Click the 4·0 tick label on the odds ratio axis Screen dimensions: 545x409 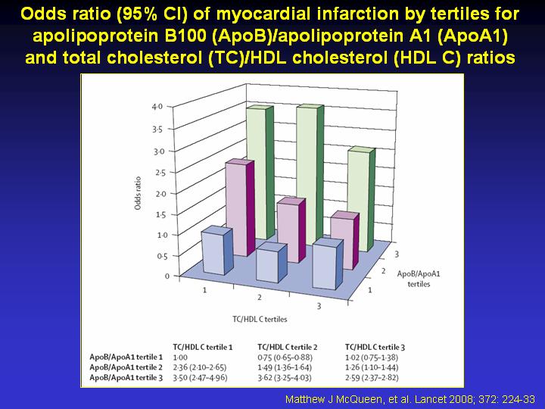157,107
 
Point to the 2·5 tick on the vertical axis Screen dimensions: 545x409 160,173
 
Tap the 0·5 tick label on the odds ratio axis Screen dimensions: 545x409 162,257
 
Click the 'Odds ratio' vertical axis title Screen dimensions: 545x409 138,193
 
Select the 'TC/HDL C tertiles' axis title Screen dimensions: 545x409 260,320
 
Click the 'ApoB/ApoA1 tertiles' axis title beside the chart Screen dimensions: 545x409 419,279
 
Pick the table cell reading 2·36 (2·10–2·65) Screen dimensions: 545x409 200,367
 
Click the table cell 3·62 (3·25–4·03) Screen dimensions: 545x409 285,378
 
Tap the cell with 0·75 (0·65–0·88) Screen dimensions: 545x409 285,357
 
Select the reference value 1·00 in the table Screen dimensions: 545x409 180,357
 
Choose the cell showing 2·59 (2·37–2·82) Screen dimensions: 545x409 372,378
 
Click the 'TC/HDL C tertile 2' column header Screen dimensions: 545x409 287,347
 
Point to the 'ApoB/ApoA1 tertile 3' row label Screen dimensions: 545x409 126,378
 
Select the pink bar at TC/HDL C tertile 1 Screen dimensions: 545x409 239,208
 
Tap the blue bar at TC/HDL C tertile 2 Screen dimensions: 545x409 271,263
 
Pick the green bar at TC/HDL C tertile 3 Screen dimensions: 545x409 362,199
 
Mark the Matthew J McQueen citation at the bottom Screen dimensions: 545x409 410,399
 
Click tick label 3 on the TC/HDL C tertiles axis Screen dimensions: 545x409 319,306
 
